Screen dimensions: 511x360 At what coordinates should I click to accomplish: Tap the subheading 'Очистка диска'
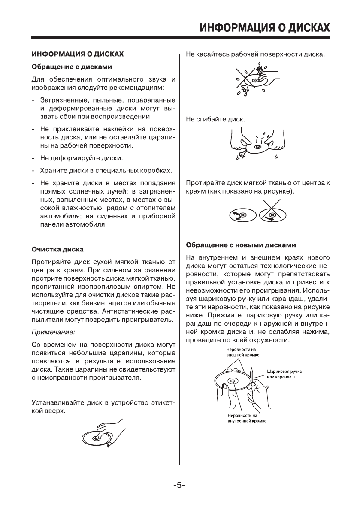pos(58,249)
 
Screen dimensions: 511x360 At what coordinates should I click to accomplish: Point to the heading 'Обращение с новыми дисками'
pos(241,245)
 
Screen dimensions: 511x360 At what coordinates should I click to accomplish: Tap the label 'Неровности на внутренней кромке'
pos(246,418)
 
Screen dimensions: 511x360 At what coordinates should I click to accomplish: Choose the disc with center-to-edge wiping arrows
pos(242,215)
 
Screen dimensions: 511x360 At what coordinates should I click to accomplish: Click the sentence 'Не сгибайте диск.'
pos(215,118)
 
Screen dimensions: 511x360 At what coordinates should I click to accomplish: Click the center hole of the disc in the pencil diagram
pos(232,381)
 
